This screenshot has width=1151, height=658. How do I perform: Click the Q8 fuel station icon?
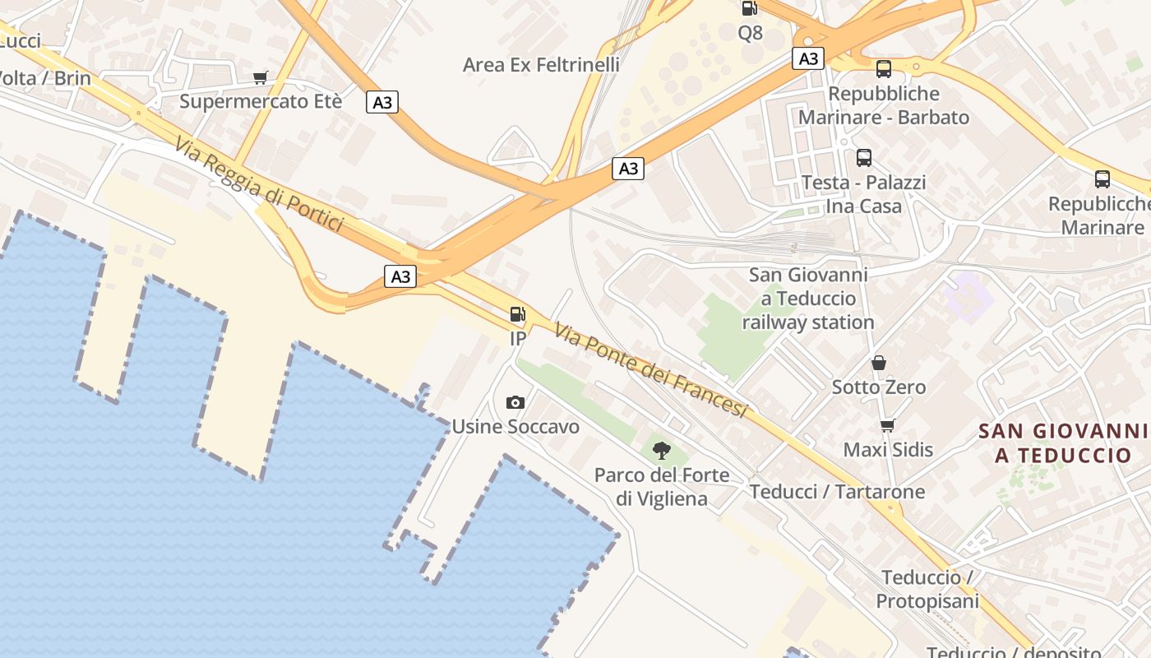pos(749,9)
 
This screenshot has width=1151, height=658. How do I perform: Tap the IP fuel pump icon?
pos(517,313)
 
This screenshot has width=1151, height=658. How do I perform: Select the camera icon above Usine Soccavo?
pos(515,402)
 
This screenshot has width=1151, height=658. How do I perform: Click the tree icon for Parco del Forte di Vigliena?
pos(661,450)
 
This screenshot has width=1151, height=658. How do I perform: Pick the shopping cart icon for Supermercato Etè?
pos(261,78)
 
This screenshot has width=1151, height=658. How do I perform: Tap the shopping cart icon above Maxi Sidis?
pos(887,425)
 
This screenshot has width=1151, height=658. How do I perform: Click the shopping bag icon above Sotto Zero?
pos(879,363)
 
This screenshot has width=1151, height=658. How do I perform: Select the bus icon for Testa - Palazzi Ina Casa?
pos(864,158)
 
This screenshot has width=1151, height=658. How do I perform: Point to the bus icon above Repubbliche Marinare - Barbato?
pos(884,69)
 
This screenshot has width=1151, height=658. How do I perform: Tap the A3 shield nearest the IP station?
pos(400,276)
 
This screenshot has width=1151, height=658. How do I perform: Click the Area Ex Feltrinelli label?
pos(541,64)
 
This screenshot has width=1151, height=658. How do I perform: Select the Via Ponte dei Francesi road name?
pos(650,369)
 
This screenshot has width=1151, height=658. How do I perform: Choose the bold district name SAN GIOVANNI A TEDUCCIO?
pos(1063,443)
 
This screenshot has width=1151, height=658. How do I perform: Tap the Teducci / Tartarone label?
pos(837,492)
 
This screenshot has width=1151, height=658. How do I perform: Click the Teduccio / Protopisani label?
pos(927,589)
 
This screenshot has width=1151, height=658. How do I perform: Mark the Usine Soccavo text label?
pos(515,426)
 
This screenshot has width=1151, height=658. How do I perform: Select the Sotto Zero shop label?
pos(879,387)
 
